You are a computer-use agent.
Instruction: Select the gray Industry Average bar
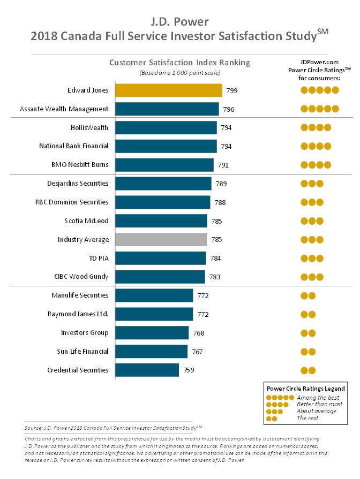coord(161,240)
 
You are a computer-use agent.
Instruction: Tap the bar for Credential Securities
coord(147,370)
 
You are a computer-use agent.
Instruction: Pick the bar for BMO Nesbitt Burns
coord(164,165)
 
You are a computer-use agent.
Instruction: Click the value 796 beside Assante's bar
coord(229,109)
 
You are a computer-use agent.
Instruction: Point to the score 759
coord(190,370)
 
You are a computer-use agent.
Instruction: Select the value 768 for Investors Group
coord(199,333)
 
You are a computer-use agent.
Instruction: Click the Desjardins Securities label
coord(78,184)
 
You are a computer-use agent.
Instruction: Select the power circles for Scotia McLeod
coord(312,221)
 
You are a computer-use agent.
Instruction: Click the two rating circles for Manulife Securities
coord(308,295)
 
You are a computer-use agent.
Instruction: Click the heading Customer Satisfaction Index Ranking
coord(179,63)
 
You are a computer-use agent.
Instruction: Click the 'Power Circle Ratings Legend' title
coord(305,388)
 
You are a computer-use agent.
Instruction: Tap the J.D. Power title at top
coord(179,22)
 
